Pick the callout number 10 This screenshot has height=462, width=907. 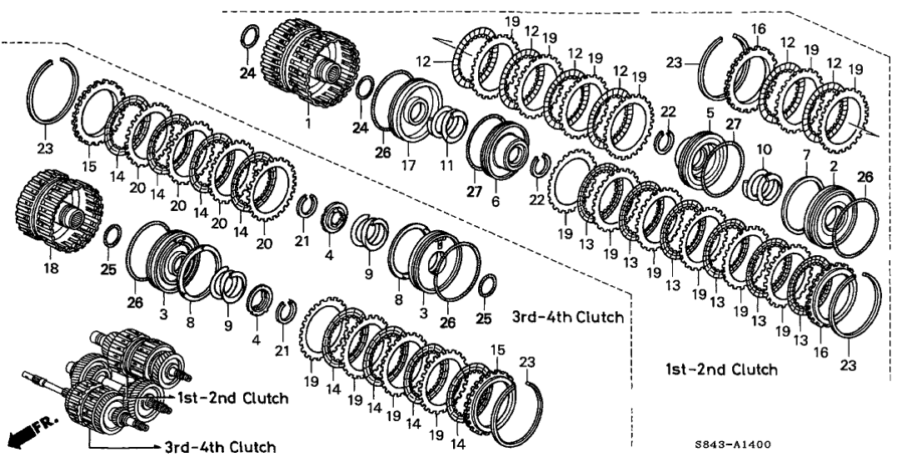click(765, 148)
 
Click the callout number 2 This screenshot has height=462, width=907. click(833, 168)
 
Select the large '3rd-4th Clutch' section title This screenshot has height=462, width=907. click(569, 317)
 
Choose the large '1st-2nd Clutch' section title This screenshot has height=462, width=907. click(721, 369)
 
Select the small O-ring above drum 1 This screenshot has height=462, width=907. click(248, 38)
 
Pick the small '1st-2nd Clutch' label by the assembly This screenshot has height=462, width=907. click(232, 399)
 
